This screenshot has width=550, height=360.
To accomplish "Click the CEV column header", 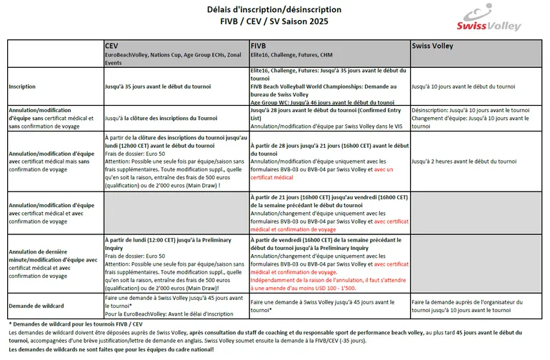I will [111, 45].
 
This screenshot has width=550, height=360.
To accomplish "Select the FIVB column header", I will [259, 45].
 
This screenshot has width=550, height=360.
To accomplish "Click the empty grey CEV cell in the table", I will [176, 211].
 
